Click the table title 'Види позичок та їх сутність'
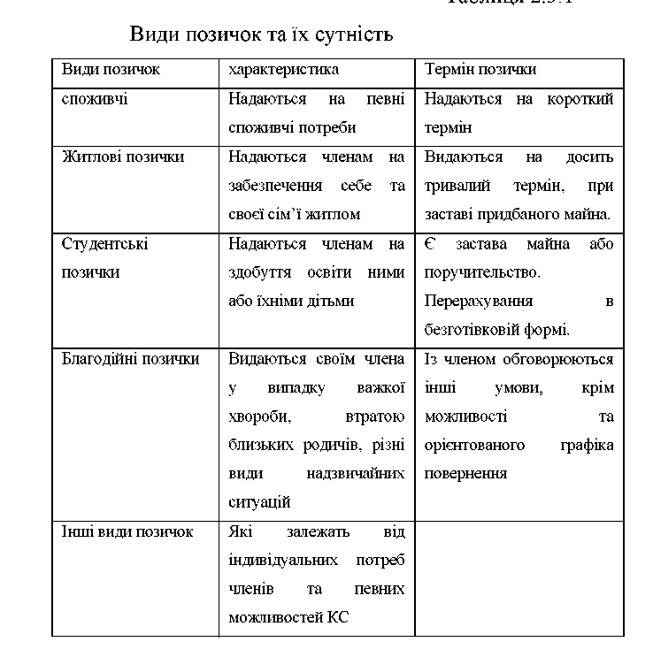261,34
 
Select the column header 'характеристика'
283,69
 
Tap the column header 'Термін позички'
480,69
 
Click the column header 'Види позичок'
111,69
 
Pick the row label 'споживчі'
95,98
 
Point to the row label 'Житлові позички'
123,157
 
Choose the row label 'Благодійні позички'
130,359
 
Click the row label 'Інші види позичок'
127,531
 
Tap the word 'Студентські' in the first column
104,243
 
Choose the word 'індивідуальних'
280,561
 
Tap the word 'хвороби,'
257,416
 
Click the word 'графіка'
586,445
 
